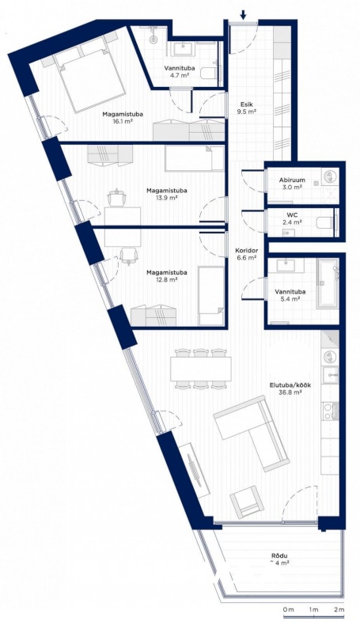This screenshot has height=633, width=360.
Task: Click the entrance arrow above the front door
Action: coord(243,14)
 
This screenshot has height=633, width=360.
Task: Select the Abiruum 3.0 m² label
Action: coord(292,184)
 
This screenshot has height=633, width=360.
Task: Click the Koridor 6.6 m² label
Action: coord(246,253)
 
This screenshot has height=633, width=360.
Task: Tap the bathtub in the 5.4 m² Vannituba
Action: coord(328,283)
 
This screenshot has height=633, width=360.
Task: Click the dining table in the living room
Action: coord(201,369)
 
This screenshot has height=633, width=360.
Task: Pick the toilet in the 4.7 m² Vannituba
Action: coord(208,74)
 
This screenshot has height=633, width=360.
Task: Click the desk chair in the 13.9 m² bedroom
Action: coord(117,198)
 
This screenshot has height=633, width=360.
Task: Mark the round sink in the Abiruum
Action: coord(330,176)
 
